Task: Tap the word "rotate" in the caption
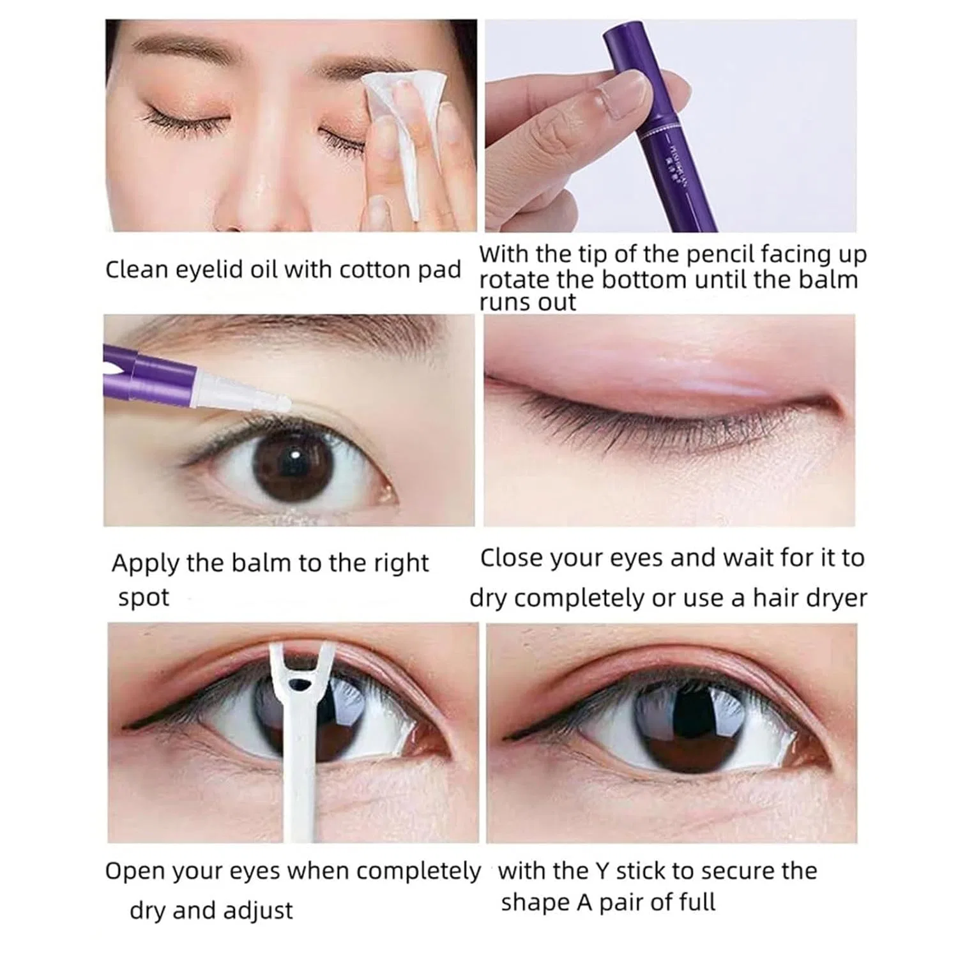[515, 280]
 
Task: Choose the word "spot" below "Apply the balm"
[144, 598]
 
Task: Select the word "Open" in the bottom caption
[132, 872]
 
